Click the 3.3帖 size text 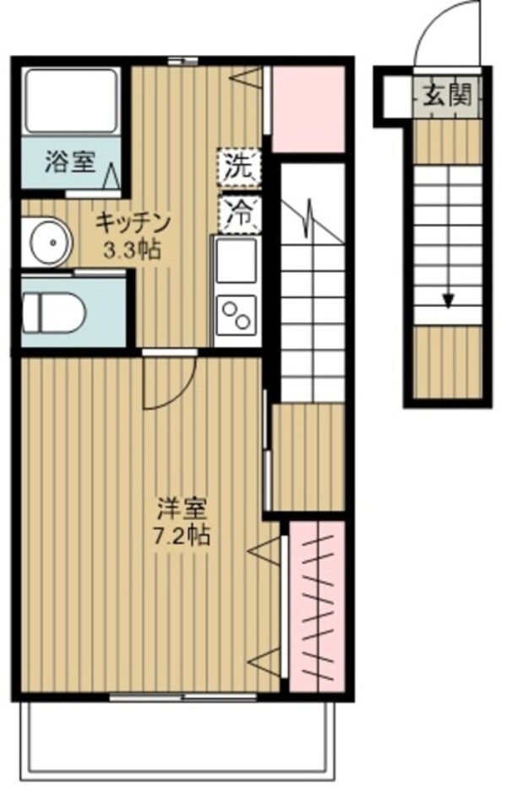tap(133, 249)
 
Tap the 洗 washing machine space tap(239, 167)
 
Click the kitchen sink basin tap(236, 261)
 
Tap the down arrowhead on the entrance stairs tap(447, 299)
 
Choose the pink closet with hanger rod tap(317, 605)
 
